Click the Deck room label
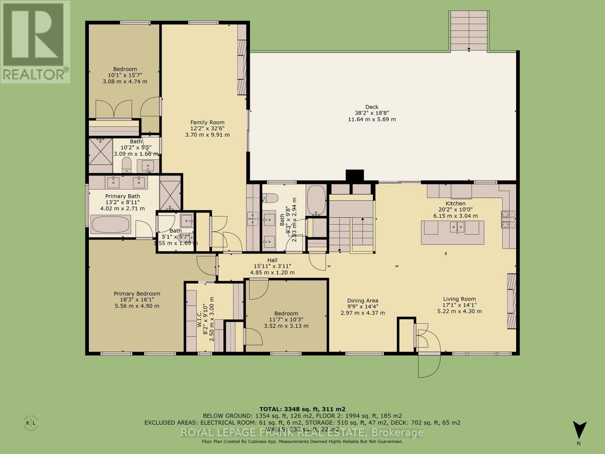372,107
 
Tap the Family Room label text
207,122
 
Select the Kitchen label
455,204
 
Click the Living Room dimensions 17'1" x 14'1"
459,305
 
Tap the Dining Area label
363,301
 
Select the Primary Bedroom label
137,294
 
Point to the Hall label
272,260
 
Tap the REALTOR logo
35,42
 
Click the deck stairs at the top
469,31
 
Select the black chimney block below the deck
355,176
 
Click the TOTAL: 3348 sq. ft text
302,409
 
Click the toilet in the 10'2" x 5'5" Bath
127,165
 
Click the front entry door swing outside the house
429,365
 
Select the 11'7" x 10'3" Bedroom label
286,313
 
